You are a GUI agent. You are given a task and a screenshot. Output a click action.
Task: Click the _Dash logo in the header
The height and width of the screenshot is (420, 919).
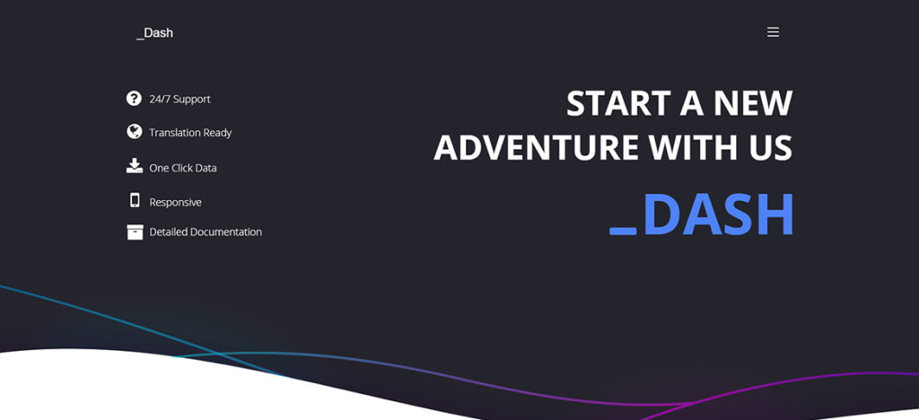tap(154, 33)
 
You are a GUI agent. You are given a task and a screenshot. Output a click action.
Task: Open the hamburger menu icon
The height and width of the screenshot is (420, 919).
tap(773, 32)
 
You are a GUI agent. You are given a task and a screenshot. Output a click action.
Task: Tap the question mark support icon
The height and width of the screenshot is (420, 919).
tap(134, 99)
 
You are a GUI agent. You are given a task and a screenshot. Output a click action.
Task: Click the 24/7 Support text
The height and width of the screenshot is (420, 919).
tap(179, 99)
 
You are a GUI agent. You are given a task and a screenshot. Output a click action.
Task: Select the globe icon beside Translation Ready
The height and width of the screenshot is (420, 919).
tap(135, 132)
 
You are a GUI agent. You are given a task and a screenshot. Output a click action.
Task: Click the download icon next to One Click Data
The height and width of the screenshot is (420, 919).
tap(135, 166)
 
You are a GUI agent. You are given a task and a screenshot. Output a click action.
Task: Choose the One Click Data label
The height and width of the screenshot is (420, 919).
tap(183, 168)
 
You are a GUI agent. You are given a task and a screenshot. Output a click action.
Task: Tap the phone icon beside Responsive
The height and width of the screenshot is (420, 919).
tap(135, 200)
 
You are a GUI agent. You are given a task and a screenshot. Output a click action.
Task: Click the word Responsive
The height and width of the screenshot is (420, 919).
tap(175, 203)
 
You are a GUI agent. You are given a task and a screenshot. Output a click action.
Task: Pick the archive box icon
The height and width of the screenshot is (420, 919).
tap(135, 232)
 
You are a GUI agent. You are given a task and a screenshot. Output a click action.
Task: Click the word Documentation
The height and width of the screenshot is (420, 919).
tap(227, 232)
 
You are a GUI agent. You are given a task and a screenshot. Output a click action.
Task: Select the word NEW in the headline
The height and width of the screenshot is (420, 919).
tap(753, 103)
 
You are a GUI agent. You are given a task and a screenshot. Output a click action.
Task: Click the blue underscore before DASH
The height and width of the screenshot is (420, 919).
tap(623, 232)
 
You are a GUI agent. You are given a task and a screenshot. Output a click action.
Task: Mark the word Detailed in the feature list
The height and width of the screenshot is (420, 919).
tap(168, 232)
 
